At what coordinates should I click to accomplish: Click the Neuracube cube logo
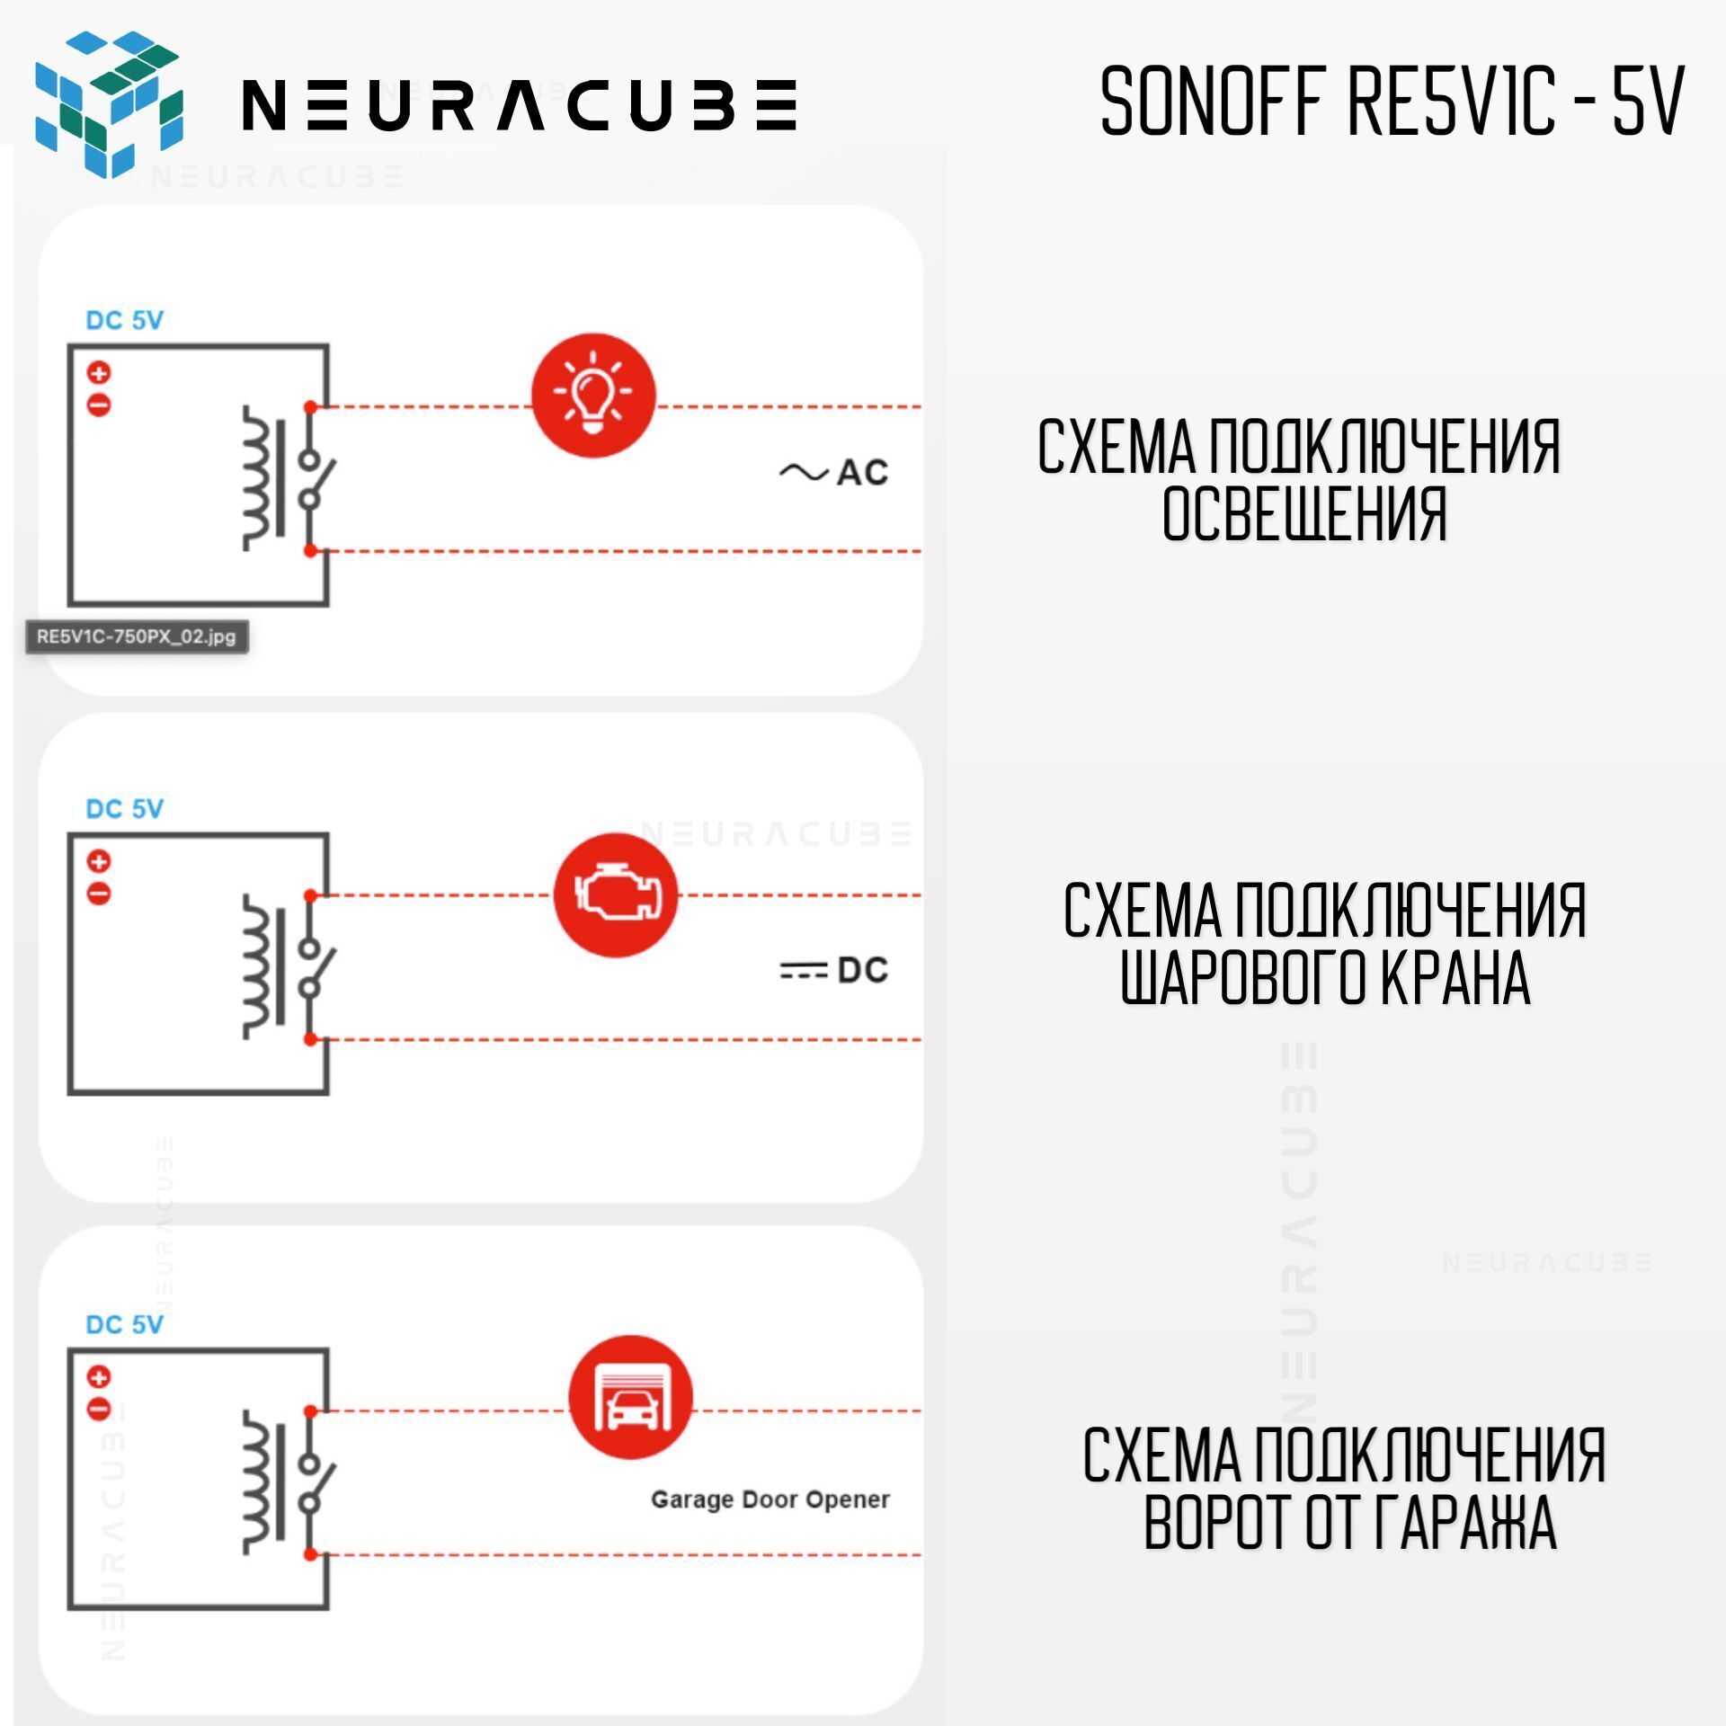(109, 103)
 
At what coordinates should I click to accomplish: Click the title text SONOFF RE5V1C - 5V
(1392, 102)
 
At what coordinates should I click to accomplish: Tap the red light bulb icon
(593, 396)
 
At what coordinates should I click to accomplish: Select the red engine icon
(615, 894)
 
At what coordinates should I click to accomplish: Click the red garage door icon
(630, 1397)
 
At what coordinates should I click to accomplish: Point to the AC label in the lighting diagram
(861, 472)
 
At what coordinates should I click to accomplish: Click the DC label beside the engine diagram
(861, 970)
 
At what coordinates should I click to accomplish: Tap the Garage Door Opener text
(770, 1499)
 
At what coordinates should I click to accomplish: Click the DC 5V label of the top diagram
(124, 320)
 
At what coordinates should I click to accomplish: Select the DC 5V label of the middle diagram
(124, 808)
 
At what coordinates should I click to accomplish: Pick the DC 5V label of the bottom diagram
(124, 1324)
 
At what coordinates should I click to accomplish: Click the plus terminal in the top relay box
(99, 372)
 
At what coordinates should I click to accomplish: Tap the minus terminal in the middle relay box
(99, 894)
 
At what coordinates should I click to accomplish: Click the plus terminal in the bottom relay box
(99, 1376)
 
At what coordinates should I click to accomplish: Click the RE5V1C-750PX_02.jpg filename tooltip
(136, 636)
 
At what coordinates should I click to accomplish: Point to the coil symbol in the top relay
(257, 477)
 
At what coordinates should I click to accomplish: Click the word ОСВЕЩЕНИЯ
(1304, 514)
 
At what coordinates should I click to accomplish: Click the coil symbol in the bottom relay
(257, 1481)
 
